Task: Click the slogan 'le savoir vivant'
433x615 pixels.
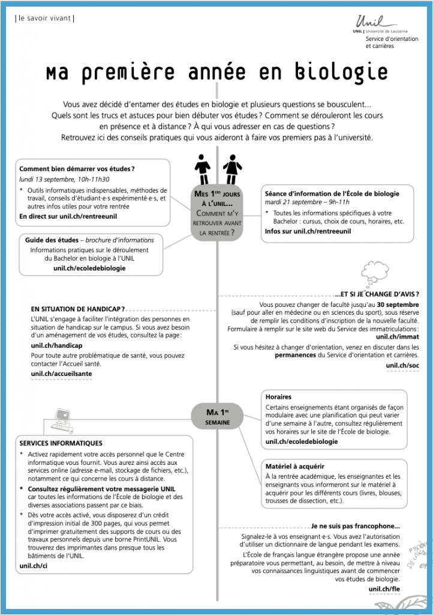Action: pos(44,19)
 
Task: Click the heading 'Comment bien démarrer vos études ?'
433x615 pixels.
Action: pos(77,169)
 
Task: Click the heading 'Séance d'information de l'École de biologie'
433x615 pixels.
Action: pos(332,193)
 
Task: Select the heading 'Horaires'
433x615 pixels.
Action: pos(278,397)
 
